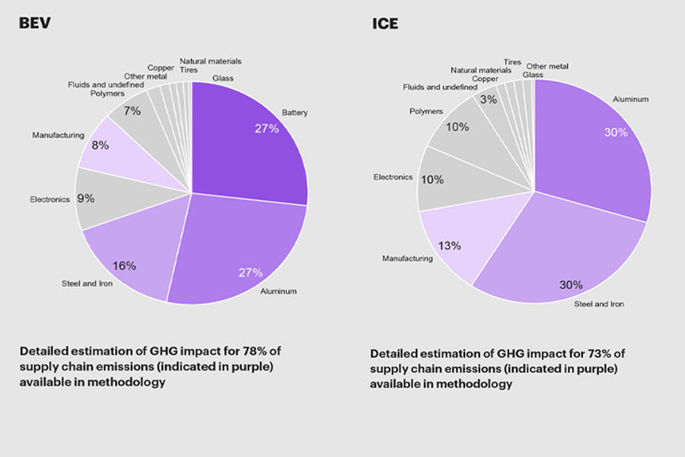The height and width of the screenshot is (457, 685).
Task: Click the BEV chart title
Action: pos(35,24)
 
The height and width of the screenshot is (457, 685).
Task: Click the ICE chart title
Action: pos(384,24)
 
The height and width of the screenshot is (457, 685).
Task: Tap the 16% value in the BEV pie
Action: pos(124,266)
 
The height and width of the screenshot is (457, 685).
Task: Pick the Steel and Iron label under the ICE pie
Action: pos(598,304)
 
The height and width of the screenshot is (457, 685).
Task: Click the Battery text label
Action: pos(295,113)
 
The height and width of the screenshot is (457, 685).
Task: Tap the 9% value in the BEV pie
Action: pos(85,199)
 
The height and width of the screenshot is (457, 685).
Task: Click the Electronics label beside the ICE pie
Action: pos(393,177)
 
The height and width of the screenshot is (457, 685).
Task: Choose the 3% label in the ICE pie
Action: pos(488,100)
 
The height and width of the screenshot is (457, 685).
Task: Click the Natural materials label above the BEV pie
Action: pos(210,60)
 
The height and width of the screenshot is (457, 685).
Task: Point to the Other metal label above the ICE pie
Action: pos(546,66)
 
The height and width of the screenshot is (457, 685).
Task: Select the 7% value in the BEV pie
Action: pos(132,111)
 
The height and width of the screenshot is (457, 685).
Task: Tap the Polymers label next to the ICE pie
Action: pos(425,111)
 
